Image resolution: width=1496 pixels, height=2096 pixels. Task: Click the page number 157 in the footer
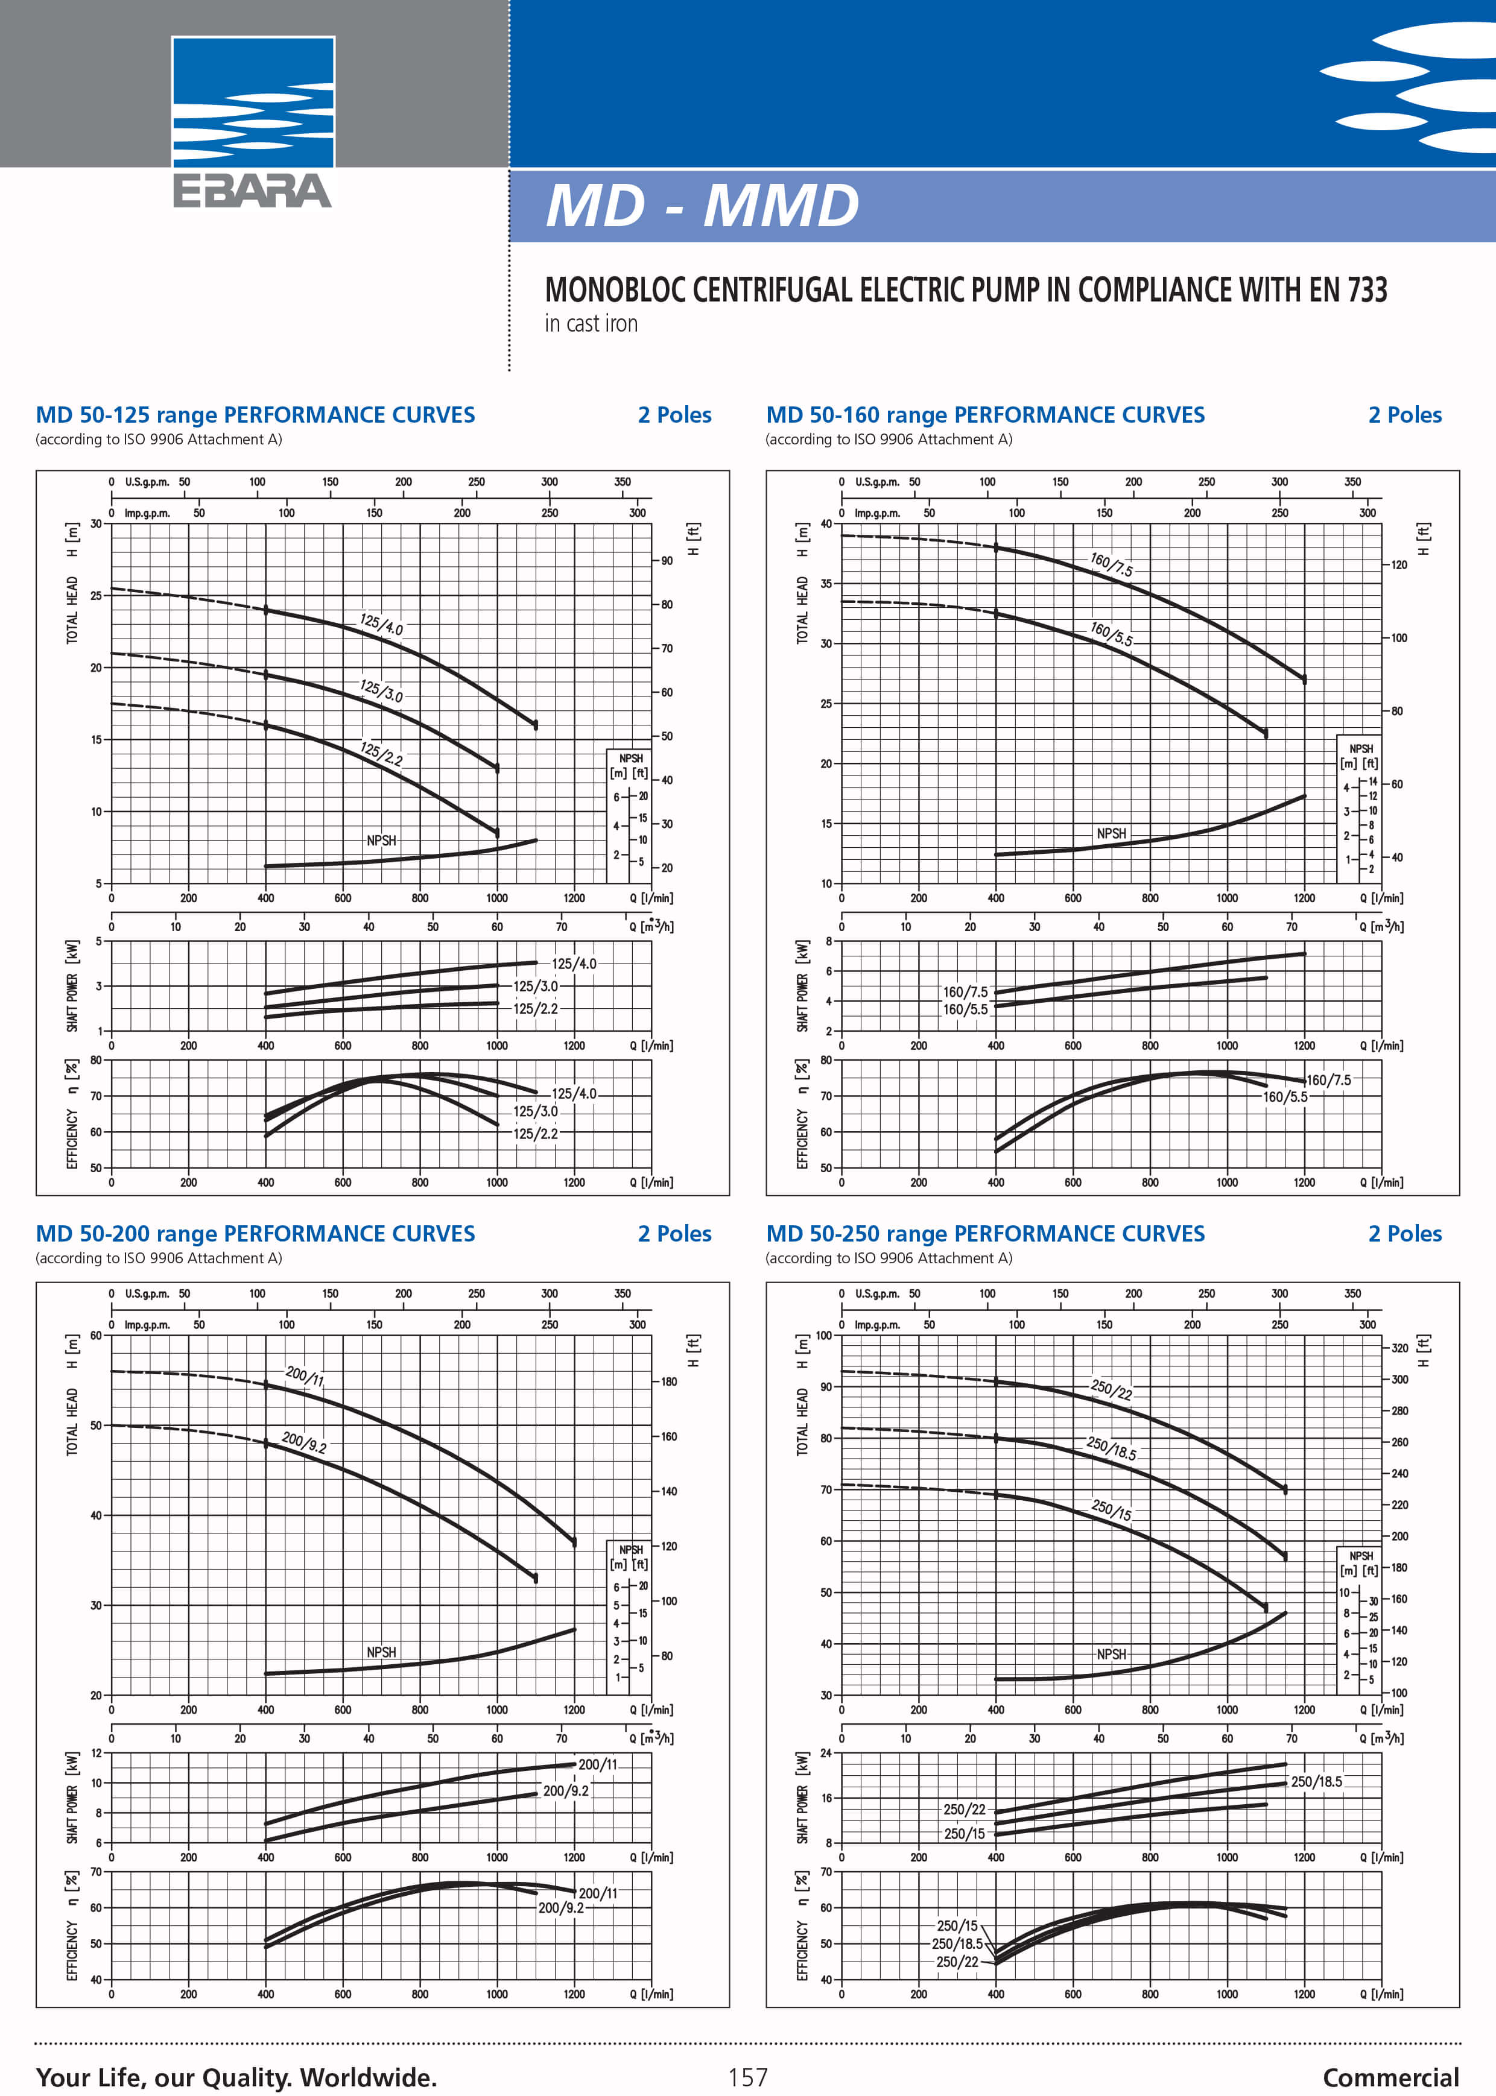point(747,2077)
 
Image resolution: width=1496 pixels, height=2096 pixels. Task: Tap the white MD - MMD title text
point(702,206)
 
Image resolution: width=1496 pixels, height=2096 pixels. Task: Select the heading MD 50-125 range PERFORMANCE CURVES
point(255,415)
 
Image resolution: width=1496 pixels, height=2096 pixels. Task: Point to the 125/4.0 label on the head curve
point(381,624)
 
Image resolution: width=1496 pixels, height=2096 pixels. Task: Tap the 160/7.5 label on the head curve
point(1112,564)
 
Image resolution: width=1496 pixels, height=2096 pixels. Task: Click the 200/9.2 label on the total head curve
point(304,1442)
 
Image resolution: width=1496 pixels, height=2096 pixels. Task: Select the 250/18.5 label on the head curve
point(1112,1448)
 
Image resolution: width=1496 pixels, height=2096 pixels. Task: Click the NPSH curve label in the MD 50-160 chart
point(1112,833)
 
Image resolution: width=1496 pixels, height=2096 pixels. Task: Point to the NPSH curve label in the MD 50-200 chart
point(381,1652)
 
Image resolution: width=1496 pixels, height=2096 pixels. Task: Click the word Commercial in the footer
point(1390,2077)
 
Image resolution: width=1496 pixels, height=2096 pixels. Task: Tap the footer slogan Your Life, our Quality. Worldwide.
point(236,2077)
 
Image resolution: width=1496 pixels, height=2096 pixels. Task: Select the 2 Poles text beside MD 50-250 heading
point(1405,1234)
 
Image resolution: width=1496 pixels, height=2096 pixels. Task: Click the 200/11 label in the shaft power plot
point(598,1764)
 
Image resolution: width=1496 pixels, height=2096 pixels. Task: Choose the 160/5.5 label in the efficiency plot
point(1285,1097)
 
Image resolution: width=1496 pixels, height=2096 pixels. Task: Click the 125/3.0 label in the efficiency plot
point(535,1111)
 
